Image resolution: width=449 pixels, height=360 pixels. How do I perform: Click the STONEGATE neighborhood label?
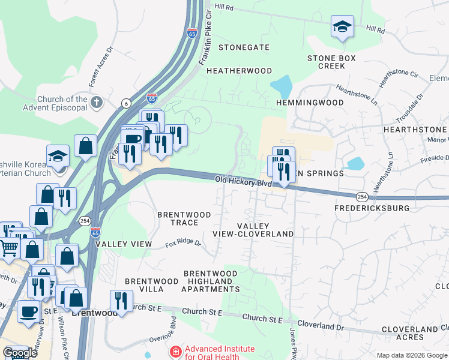point(244,47)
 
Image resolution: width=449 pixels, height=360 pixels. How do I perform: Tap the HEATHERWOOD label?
point(240,71)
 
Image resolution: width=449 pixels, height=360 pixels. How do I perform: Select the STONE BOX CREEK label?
point(332,62)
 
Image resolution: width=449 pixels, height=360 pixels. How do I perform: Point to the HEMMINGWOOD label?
point(310,103)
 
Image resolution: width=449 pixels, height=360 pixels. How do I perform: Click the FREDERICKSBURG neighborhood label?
point(372,208)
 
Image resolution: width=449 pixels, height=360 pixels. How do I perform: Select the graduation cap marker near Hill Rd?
point(342,26)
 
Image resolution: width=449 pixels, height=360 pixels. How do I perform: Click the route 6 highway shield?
point(126,103)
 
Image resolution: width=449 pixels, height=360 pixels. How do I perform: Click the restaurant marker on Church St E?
point(121,301)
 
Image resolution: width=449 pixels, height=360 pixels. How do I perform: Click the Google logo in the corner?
point(20,353)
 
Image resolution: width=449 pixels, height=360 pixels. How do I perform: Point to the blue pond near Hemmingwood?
point(282,86)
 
